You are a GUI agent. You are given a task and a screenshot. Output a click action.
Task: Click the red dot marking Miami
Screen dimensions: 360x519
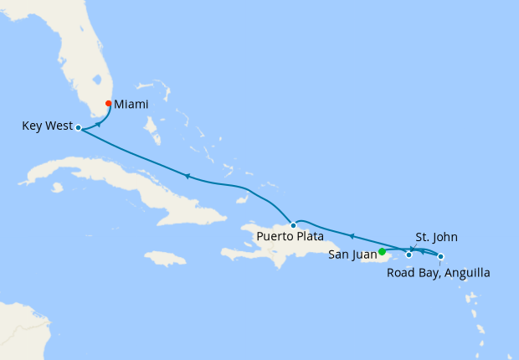pyautogui.click(x=109, y=103)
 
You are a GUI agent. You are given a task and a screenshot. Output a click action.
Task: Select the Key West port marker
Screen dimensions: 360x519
pyautogui.click(x=78, y=128)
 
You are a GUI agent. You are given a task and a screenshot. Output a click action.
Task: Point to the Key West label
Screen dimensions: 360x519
pyautogui.click(x=46, y=126)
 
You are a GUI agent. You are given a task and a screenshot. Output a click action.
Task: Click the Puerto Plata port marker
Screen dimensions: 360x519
pyautogui.click(x=292, y=225)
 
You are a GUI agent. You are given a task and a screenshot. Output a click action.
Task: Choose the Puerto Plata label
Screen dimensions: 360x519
pyautogui.click(x=290, y=237)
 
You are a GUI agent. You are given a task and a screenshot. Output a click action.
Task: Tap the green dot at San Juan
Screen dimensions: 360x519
pyautogui.click(x=382, y=251)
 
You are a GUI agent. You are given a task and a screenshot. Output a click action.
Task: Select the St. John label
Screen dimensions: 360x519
pyautogui.click(x=436, y=237)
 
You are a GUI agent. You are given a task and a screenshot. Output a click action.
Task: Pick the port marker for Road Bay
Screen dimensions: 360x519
pyautogui.click(x=441, y=256)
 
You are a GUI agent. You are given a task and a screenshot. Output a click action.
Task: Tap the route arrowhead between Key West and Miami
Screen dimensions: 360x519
pyautogui.click(x=99, y=123)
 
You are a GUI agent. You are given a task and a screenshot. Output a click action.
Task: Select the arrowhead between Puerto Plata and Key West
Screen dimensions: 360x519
pyautogui.click(x=186, y=176)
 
